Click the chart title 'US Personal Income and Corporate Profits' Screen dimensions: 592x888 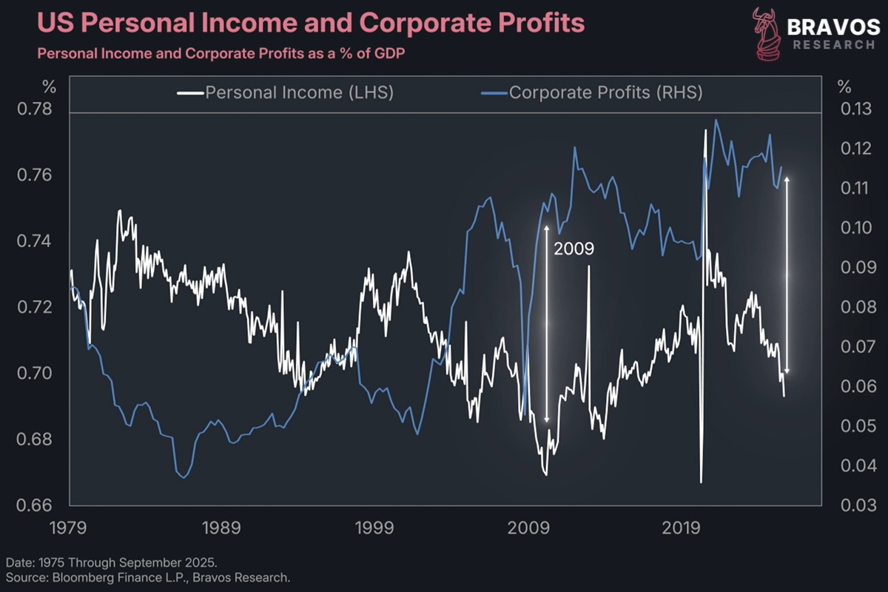click(x=311, y=24)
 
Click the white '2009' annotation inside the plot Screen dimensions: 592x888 click(x=573, y=249)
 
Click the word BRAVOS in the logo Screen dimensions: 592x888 click(x=833, y=27)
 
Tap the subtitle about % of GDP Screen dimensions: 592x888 click(x=221, y=54)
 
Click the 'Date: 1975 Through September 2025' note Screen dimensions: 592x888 click(x=111, y=562)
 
